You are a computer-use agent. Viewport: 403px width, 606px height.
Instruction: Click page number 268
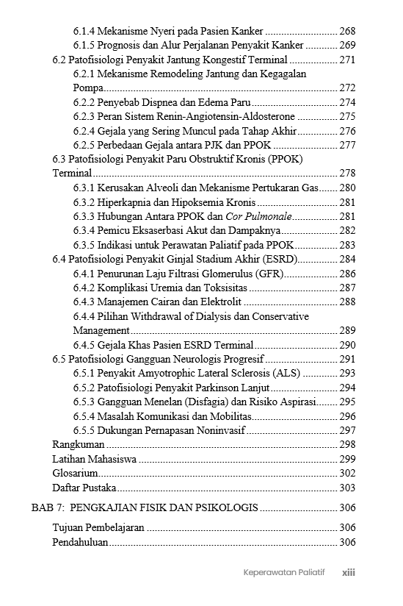click(347, 32)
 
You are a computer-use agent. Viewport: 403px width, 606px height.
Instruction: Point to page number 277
click(347, 145)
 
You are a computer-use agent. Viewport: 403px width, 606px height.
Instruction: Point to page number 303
click(347, 488)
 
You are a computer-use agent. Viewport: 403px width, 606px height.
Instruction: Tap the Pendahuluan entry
click(80, 542)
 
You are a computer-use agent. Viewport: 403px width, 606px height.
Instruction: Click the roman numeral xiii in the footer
click(349, 572)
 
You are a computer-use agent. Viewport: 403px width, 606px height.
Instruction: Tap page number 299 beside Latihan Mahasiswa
click(347, 459)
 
